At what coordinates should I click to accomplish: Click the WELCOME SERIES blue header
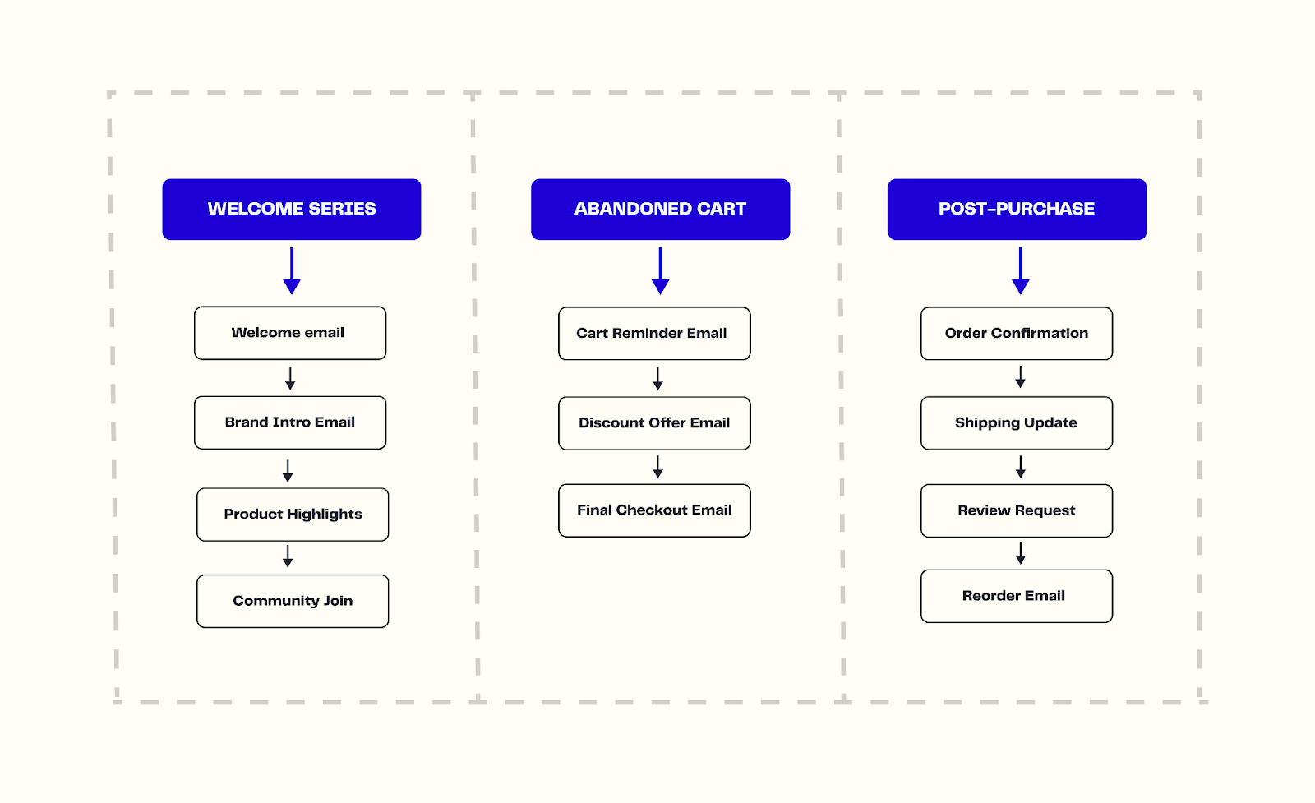click(x=291, y=209)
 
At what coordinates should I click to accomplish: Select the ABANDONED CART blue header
click(x=660, y=209)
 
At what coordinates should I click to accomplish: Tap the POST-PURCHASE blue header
click(x=1017, y=209)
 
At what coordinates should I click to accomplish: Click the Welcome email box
click(x=289, y=333)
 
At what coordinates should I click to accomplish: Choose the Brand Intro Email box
click(x=289, y=422)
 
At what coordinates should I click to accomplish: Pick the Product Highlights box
click(x=293, y=515)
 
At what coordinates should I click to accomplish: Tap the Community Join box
click(x=293, y=601)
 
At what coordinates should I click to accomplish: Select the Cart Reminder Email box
click(x=654, y=334)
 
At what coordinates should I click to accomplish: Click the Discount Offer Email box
click(x=654, y=423)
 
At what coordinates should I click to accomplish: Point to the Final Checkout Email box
click(x=654, y=510)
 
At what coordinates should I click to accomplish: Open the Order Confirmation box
click(x=1017, y=334)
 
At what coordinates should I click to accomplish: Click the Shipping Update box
click(x=1017, y=423)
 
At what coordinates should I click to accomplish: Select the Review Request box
click(x=1017, y=510)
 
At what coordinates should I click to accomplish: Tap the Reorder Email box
click(x=1017, y=596)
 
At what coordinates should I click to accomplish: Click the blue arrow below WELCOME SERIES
click(x=292, y=271)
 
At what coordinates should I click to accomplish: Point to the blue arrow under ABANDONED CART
click(x=660, y=271)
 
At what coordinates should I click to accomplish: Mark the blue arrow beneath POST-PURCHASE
click(x=1020, y=271)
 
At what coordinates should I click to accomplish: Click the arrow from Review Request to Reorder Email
click(x=1020, y=553)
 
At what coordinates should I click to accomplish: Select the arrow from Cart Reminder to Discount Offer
click(x=657, y=379)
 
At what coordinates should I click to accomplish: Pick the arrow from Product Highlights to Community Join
click(x=288, y=556)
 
